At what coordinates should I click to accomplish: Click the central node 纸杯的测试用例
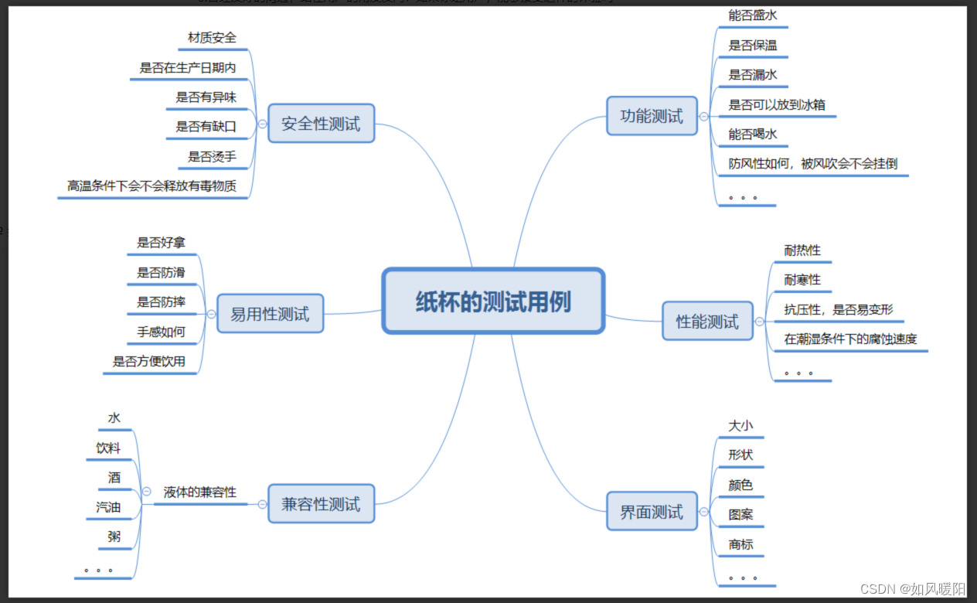coord(493,301)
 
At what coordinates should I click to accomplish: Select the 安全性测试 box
coord(321,124)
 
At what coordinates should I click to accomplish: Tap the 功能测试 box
coord(652,117)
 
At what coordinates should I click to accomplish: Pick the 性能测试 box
coord(707,322)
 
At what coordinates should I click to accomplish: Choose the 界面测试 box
coord(652,512)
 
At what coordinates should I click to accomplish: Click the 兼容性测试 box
coord(321,504)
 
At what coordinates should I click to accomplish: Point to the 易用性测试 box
coord(270,314)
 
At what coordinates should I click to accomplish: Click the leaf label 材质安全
coord(212,38)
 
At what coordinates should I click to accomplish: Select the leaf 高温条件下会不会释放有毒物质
coord(151,186)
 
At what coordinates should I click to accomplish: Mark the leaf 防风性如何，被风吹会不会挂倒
coord(812,164)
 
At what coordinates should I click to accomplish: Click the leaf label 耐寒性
coord(802,280)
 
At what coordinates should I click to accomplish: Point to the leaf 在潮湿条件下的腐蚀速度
coord(850,339)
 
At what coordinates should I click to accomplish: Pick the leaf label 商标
coord(740,544)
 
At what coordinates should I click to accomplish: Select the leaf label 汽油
coord(108,507)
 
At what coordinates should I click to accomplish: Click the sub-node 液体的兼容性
coord(200,492)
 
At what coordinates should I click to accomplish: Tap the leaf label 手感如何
coord(161,332)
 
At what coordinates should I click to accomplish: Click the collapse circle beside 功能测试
coord(703,117)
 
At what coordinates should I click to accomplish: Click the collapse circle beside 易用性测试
coord(211,314)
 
